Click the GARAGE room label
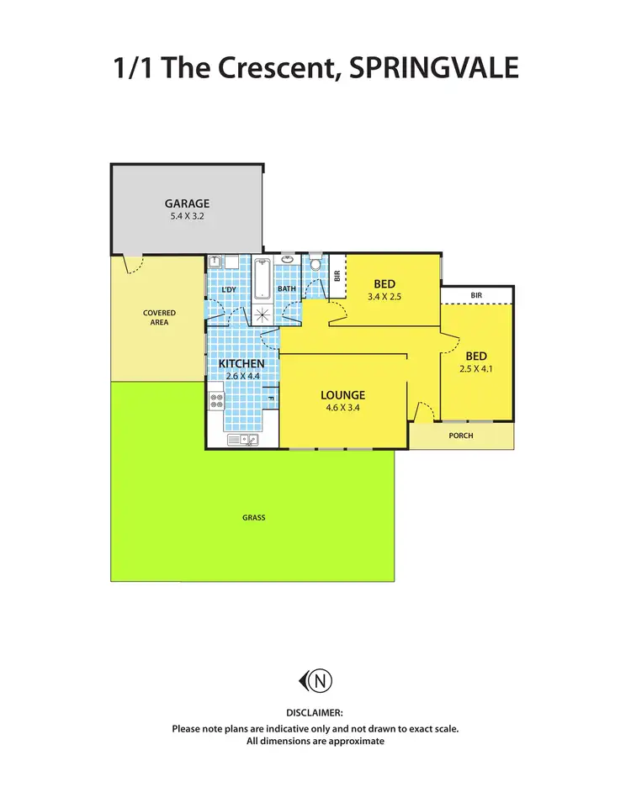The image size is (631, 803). click(187, 203)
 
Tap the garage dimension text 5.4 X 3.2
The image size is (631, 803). click(187, 216)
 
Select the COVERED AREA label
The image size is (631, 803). click(159, 317)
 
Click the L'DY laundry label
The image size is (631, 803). click(228, 290)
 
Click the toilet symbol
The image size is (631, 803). click(315, 264)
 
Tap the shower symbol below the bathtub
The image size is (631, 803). click(263, 314)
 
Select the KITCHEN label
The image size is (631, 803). click(242, 363)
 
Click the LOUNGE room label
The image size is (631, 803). click(342, 394)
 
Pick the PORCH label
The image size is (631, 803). click(461, 436)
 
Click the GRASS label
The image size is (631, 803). click(253, 517)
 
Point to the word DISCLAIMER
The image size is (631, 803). click(315, 713)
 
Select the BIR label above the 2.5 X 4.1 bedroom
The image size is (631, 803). click(477, 295)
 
